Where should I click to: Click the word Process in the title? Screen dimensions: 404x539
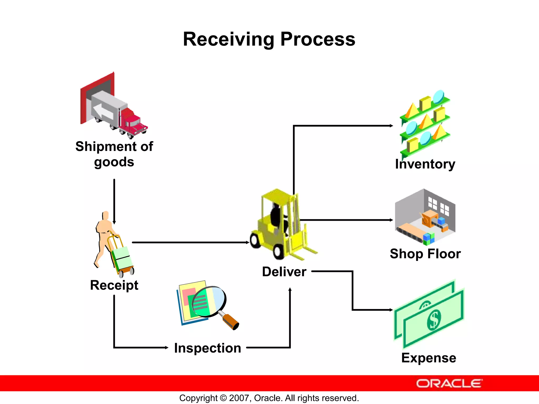[x=318, y=39]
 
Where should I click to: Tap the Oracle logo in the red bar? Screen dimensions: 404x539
[x=449, y=383]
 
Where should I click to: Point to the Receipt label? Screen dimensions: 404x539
[x=114, y=285]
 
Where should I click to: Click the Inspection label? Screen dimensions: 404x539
[x=208, y=348]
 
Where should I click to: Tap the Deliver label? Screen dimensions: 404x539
[x=284, y=272]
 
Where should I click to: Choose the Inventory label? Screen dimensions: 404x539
[x=425, y=164]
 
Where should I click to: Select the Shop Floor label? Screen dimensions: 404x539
[x=425, y=254]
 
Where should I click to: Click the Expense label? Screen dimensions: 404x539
[x=429, y=358]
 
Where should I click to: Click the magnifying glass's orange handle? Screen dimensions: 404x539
[x=230, y=321]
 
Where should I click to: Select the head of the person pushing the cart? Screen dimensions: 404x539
[x=106, y=215]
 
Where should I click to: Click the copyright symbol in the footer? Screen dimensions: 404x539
[x=223, y=398]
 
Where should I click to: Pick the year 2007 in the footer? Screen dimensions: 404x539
[x=238, y=398]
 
